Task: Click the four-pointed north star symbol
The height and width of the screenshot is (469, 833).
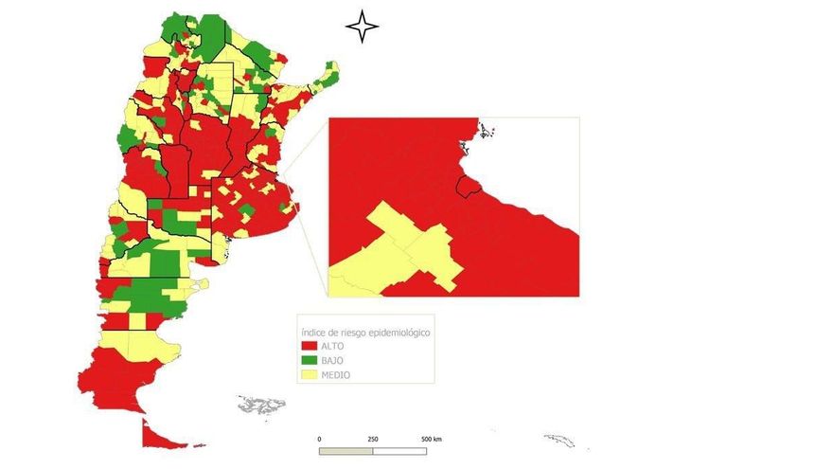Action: pyautogui.click(x=362, y=27)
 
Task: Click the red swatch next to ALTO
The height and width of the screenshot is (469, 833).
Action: pyautogui.click(x=309, y=348)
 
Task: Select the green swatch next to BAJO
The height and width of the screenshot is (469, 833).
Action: pyautogui.click(x=309, y=362)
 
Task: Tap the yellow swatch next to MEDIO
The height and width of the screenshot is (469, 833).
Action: pyautogui.click(x=309, y=375)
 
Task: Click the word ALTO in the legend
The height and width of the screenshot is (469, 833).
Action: pyautogui.click(x=332, y=348)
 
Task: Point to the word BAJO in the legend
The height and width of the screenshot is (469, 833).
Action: pyautogui.click(x=332, y=362)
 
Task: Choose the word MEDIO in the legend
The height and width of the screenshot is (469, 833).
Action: pyautogui.click(x=336, y=375)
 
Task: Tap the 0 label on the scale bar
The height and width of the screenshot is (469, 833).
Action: pyautogui.click(x=320, y=440)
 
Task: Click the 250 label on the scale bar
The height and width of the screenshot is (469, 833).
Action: pyautogui.click(x=373, y=440)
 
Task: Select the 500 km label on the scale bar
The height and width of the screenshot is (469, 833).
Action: pyautogui.click(x=432, y=440)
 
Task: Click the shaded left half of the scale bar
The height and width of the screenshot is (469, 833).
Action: pyautogui.click(x=346, y=450)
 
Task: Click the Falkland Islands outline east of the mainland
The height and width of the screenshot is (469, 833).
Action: pyautogui.click(x=262, y=405)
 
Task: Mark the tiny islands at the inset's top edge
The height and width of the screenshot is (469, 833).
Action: pyautogui.click(x=487, y=131)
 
